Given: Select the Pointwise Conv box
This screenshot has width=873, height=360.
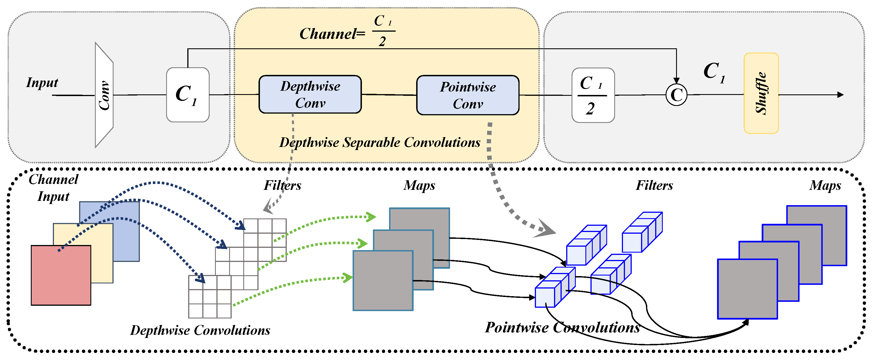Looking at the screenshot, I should [x=467, y=95].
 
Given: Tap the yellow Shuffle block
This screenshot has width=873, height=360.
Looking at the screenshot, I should [x=761, y=93].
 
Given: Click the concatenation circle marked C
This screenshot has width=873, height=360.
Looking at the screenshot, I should [x=676, y=95].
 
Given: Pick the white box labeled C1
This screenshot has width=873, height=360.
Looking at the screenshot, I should [x=187, y=95].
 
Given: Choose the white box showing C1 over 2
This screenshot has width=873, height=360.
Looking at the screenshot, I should [x=593, y=95].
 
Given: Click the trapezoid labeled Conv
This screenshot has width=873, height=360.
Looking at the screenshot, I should [x=104, y=95].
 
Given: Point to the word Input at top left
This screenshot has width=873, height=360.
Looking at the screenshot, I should [x=42, y=83].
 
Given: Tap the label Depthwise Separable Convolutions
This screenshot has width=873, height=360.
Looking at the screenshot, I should [x=379, y=142].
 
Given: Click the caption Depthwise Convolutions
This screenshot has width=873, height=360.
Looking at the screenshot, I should [x=200, y=330].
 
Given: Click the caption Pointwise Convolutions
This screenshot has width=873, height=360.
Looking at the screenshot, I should [x=562, y=328].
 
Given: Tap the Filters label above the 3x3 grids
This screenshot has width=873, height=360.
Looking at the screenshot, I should [x=282, y=185].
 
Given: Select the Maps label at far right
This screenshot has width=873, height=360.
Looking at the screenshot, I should [x=825, y=185].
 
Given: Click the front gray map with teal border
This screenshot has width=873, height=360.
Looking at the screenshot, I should [x=383, y=281].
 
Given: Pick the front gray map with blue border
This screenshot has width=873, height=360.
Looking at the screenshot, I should [x=747, y=289].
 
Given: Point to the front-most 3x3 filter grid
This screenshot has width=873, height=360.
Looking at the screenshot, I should [x=210, y=297].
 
